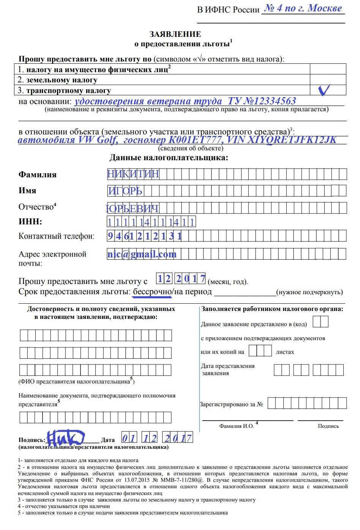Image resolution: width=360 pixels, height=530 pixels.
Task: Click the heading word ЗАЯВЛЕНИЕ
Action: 175,34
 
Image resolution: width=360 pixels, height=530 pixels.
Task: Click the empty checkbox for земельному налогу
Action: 328,80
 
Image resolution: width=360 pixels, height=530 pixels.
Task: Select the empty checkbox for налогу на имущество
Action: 328,69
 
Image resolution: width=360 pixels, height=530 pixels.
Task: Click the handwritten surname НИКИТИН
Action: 133,174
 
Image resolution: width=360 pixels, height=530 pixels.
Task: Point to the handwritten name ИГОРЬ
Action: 125,191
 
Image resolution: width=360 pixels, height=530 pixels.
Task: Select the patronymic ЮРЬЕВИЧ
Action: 132,208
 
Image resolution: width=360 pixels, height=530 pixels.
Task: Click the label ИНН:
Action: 30,222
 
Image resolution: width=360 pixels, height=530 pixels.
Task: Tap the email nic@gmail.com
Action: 142,254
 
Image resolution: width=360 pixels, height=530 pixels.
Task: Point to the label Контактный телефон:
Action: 57,236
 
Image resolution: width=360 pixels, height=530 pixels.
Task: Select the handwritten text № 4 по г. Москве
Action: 303,8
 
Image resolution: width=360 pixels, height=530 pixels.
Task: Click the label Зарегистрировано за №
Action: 231,404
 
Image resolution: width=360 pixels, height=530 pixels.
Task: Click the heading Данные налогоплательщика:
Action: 169,158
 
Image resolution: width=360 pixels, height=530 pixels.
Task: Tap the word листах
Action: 285,352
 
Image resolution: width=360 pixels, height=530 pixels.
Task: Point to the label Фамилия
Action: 37,175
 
